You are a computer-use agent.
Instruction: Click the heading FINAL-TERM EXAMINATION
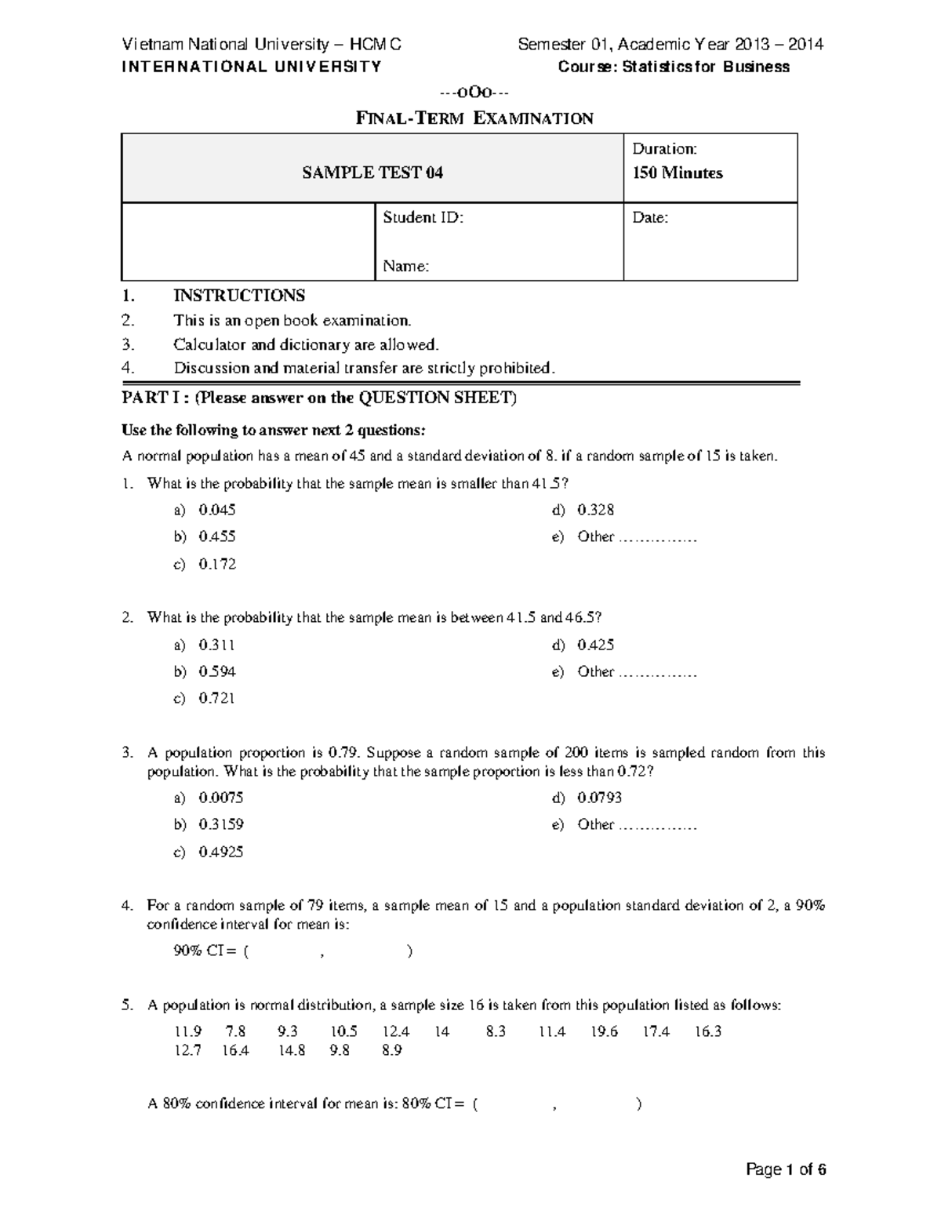pyautogui.click(x=474, y=118)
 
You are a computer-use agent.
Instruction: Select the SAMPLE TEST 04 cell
pyautogui.click(x=372, y=173)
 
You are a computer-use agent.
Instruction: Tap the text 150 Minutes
pyautogui.click(x=678, y=173)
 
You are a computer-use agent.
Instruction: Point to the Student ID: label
pyautogui.click(x=423, y=218)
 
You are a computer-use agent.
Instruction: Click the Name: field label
pyautogui.click(x=405, y=267)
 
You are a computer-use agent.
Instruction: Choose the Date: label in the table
pyautogui.click(x=650, y=218)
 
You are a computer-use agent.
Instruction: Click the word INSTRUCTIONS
pyautogui.click(x=239, y=296)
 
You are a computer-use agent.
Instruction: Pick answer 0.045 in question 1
pyautogui.click(x=217, y=510)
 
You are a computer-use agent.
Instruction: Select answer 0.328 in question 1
pyautogui.click(x=595, y=510)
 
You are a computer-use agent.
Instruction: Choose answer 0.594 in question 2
pyautogui.click(x=217, y=671)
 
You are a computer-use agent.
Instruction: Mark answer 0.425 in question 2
pyautogui.click(x=595, y=645)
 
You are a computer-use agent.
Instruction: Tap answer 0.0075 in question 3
pyautogui.click(x=220, y=798)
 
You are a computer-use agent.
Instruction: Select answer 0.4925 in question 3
pyautogui.click(x=220, y=852)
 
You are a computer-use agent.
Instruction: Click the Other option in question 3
pyautogui.click(x=596, y=824)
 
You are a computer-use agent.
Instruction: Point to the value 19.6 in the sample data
pyautogui.click(x=604, y=1031)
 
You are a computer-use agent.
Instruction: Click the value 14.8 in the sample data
pyautogui.click(x=292, y=1050)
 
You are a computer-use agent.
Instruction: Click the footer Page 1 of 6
pyautogui.click(x=786, y=1170)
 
